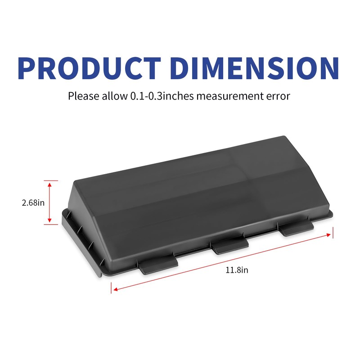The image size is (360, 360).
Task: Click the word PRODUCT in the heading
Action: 89,68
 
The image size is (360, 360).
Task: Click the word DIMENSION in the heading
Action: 255,68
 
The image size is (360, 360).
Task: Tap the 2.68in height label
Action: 33,203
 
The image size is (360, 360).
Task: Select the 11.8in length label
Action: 237,270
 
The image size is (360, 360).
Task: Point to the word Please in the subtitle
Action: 84,96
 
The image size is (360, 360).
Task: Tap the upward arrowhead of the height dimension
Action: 49,184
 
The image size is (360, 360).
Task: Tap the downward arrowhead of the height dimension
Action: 49,220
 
